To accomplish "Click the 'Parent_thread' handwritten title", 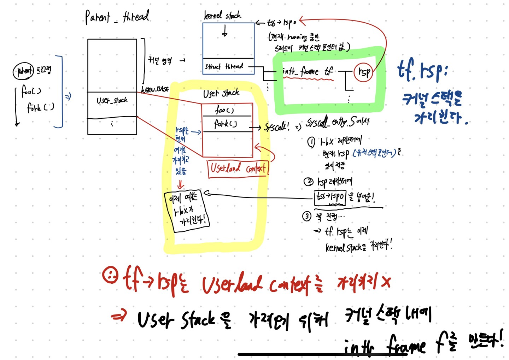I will [x=117, y=17].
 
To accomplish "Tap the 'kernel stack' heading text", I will [x=222, y=15].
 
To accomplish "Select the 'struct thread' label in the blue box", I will [x=224, y=66].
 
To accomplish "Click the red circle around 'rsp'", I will [x=363, y=72].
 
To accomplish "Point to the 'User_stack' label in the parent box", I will [x=112, y=101].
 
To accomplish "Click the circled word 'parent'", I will [x=24, y=71].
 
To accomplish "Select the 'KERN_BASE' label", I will [x=155, y=89].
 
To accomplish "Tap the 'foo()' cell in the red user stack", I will [x=225, y=110].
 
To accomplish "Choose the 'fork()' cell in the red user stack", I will [x=226, y=124].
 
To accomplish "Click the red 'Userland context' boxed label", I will [x=238, y=168].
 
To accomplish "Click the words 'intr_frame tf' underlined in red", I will [x=308, y=72].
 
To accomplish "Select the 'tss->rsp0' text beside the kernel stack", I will [x=282, y=23].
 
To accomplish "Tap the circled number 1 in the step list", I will [x=311, y=142].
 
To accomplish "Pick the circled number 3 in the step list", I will [x=306, y=216].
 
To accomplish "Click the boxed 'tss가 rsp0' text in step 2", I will [x=329, y=197].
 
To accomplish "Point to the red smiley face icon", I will [x=110, y=275].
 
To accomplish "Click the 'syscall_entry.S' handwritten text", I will [x=338, y=122].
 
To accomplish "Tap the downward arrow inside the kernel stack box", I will [x=225, y=33].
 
